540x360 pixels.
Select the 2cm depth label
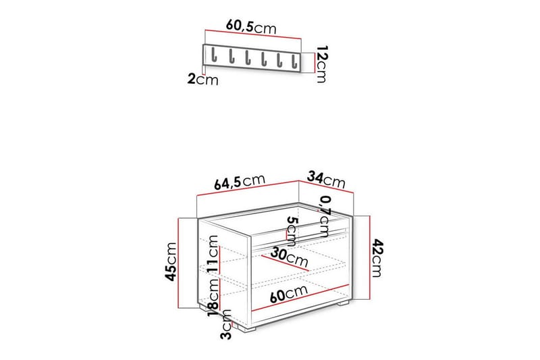point(202,80)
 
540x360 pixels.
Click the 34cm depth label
point(326,180)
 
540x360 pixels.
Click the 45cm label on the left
point(171,261)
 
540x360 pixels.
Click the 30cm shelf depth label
point(289,257)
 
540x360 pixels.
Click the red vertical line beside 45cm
point(178,261)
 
